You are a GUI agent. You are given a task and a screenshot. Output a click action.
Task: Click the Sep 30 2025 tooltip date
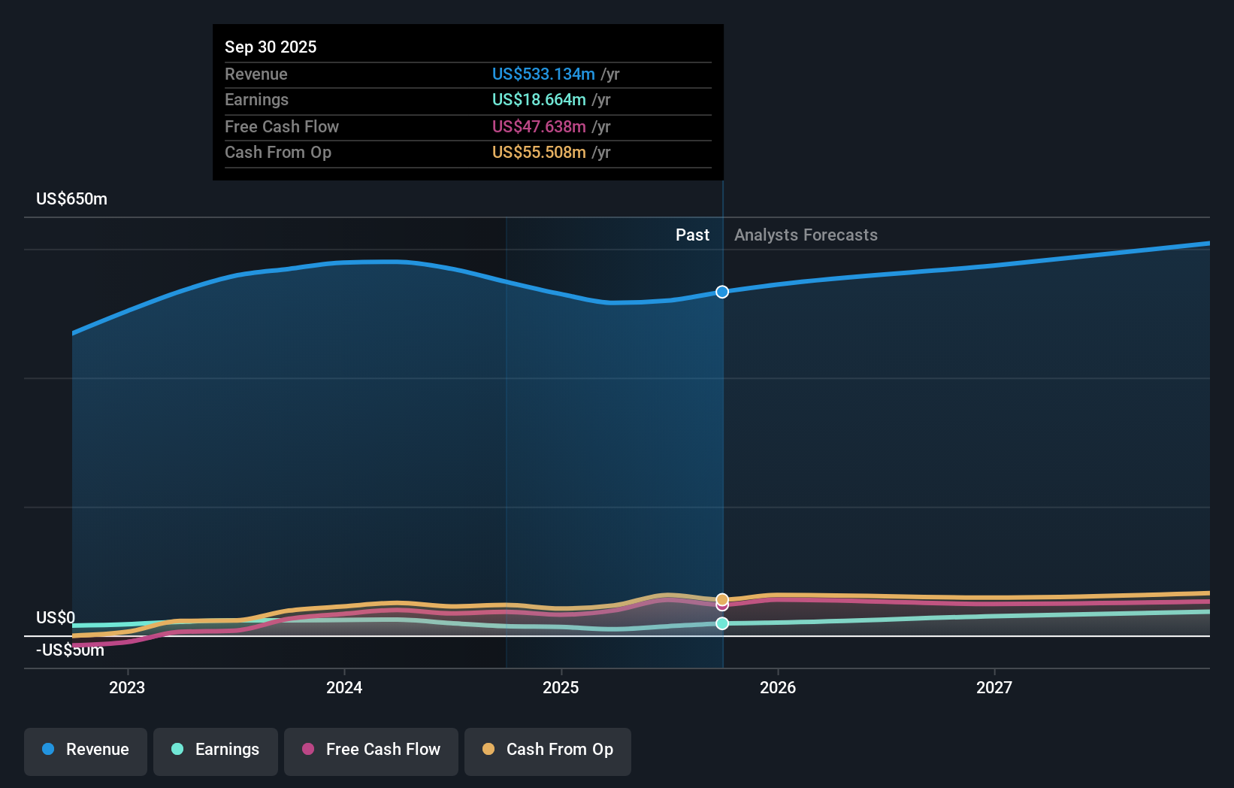[271, 47]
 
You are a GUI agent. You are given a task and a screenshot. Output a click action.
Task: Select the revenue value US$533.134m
[543, 74]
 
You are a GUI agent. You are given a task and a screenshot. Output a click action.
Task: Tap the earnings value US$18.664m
[538, 99]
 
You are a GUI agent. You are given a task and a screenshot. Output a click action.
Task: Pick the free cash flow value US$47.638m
[538, 126]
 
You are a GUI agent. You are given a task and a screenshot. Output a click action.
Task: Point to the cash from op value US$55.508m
[538, 152]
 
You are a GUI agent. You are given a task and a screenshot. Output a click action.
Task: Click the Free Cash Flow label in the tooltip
[281, 126]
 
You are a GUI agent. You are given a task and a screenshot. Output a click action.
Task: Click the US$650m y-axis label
[71, 199]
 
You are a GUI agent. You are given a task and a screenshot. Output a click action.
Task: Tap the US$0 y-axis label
[55, 617]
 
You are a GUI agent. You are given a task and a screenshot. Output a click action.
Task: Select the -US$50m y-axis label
[70, 650]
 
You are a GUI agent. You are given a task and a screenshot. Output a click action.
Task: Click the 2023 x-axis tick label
[127, 687]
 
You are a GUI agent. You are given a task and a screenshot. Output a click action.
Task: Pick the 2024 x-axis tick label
[344, 687]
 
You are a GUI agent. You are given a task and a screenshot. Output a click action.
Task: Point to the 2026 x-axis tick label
[777, 687]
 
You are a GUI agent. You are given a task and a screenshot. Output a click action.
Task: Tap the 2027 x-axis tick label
[994, 687]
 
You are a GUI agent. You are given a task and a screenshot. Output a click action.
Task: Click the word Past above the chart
[691, 235]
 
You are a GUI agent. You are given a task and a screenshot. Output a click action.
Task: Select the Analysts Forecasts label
[805, 235]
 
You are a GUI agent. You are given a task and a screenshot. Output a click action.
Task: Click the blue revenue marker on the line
[721, 292]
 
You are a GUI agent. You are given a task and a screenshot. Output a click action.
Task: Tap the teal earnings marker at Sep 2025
[721, 623]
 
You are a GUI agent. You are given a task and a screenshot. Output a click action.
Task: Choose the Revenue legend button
[86, 750]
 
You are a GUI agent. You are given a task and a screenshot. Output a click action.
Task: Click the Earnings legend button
[216, 750]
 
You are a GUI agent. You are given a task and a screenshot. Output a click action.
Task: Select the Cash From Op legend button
[548, 750]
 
